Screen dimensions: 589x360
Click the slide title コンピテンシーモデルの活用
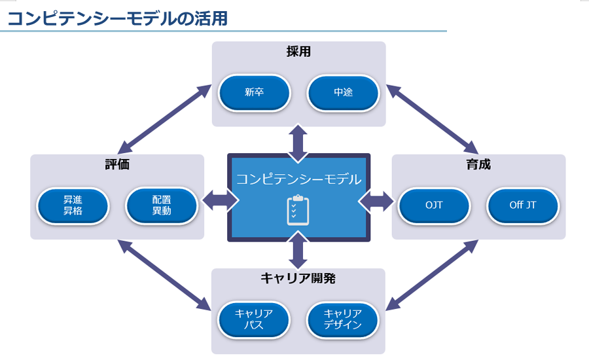click(117, 18)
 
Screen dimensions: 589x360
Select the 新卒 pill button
click(255, 92)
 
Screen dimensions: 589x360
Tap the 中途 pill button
click(343, 92)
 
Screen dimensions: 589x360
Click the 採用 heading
click(298, 52)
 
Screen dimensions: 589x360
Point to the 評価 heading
click(117, 164)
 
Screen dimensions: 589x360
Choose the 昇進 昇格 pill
click(73, 206)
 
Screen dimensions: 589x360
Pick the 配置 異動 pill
click(162, 206)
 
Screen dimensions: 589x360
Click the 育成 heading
click(478, 164)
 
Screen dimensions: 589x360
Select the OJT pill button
click(434, 206)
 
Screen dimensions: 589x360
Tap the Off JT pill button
click(522, 206)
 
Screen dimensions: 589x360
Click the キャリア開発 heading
click(298, 278)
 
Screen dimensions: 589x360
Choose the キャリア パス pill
click(253, 320)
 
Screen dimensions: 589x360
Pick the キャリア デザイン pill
click(342, 320)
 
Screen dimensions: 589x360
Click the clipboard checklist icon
click(298, 211)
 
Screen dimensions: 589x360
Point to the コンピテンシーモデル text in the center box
click(298, 179)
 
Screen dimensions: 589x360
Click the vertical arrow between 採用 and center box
click(298, 144)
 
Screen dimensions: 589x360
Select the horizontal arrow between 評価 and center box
click(220, 201)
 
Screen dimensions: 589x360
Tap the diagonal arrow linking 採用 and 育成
click(432, 119)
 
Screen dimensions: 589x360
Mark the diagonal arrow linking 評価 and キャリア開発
click(164, 275)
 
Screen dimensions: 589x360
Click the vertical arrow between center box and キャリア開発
click(298, 251)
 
